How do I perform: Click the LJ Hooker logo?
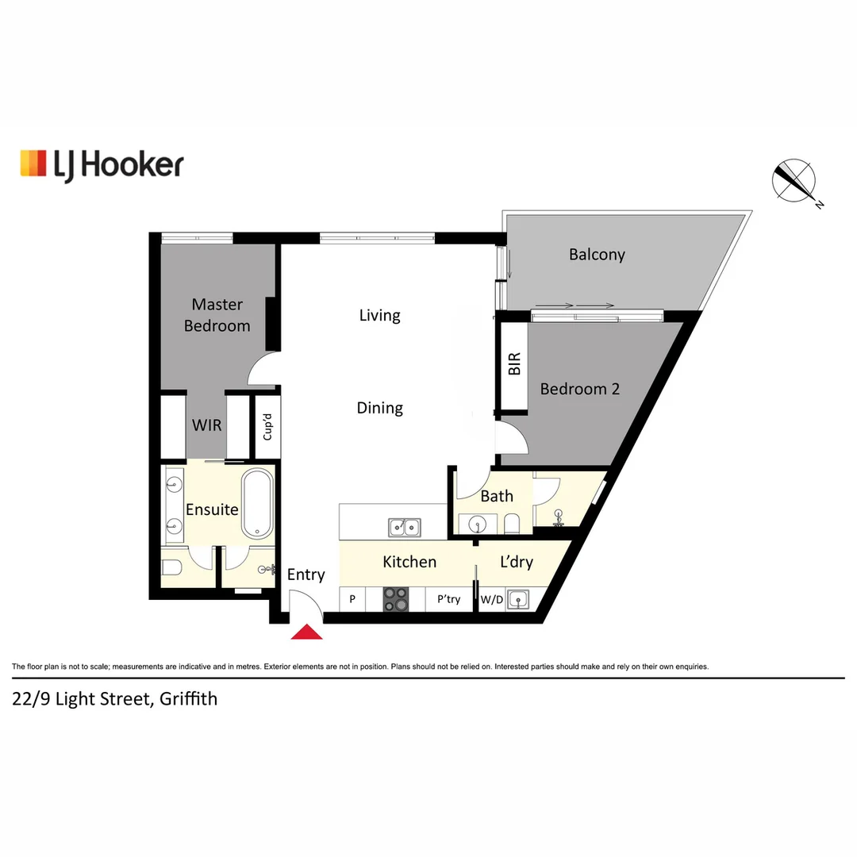[102, 164]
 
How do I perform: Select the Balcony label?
[597, 255]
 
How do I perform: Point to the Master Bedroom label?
[217, 315]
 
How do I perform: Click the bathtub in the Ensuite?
[258, 505]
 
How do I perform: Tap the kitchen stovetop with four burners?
[396, 599]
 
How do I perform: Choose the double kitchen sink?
[405, 526]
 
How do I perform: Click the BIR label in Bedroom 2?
[514, 363]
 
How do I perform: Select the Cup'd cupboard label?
[267, 428]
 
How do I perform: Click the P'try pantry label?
[448, 600]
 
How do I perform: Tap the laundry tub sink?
[519, 600]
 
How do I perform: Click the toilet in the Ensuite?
[173, 567]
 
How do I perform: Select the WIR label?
[206, 425]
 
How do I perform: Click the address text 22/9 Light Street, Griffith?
[114, 699]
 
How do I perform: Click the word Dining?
[379, 408]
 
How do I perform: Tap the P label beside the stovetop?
[352, 600]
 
